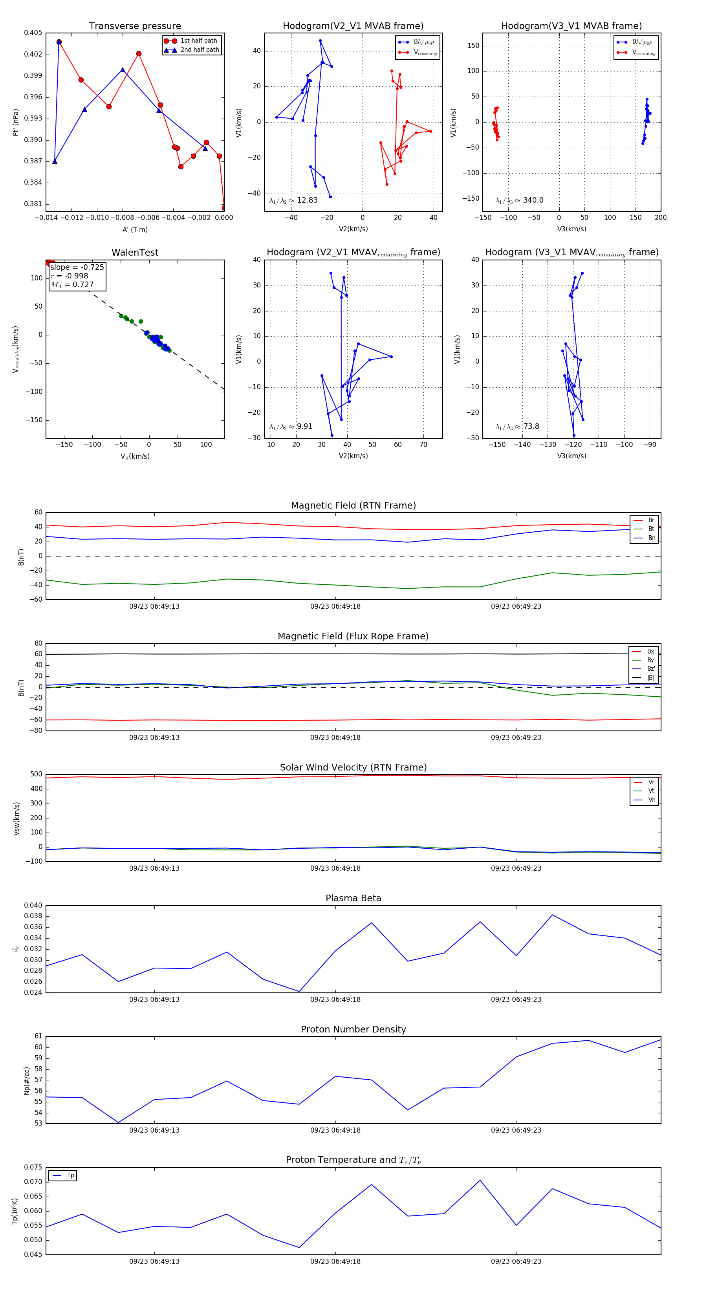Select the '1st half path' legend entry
(198, 41)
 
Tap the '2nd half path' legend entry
(199, 50)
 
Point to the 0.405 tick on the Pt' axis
(33, 33)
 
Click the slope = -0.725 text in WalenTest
(77, 267)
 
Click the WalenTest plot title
(135, 253)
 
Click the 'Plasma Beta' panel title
(353, 899)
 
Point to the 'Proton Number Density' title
(353, 1029)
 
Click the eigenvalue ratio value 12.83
(307, 200)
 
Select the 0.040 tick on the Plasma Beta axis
(33, 906)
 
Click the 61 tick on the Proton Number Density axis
(38, 1036)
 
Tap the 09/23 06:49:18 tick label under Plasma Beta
(335, 999)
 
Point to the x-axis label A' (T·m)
(135, 229)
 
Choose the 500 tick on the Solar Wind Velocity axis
(36, 774)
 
